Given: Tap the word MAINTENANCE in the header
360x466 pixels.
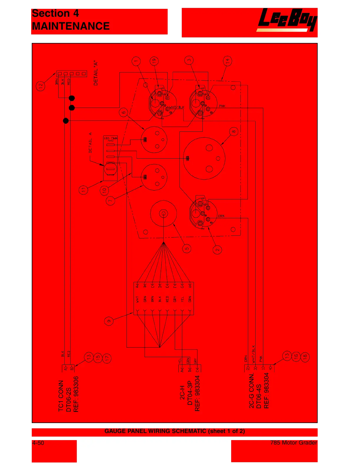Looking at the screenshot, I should click(71, 26).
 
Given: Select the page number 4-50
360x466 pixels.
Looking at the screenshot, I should click(38, 443).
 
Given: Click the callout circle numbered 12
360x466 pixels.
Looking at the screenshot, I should click(41, 86).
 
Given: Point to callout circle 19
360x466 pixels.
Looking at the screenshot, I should click(154, 61).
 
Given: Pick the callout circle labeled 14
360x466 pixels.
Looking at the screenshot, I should click(227, 61).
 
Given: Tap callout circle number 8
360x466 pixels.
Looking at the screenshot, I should click(234, 132).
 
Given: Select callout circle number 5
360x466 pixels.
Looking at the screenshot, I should click(187, 249).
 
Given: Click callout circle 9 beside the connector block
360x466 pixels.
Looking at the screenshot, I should click(109, 321).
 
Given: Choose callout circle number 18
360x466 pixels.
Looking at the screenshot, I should click(305, 357).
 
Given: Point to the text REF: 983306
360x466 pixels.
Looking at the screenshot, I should click(76, 394).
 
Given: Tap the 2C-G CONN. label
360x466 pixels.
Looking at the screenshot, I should click(251, 391).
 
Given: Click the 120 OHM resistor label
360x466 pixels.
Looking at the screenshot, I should click(110, 138).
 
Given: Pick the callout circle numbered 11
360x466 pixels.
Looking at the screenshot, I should click(84, 190).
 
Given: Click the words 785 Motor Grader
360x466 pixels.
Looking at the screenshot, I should click(294, 443).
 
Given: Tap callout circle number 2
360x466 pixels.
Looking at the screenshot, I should click(217, 250).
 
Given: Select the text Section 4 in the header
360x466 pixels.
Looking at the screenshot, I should click(55, 14).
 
